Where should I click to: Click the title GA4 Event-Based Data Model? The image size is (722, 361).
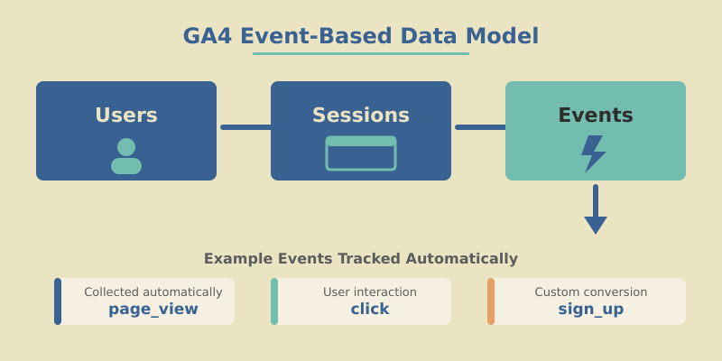click(361, 36)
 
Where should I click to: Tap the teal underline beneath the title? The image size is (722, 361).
click(361, 53)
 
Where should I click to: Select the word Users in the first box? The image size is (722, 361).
click(126, 116)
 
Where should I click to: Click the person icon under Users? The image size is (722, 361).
click(126, 156)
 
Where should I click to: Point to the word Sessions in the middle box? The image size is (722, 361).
click(361, 116)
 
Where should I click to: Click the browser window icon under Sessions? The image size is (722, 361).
click(361, 153)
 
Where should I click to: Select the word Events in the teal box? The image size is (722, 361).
click(596, 116)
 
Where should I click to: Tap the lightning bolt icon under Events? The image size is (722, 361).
click(593, 153)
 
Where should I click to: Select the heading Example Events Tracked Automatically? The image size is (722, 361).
click(361, 259)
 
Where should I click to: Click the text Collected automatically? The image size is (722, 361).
click(153, 292)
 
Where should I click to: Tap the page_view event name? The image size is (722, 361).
click(153, 310)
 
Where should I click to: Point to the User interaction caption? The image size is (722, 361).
click(370, 292)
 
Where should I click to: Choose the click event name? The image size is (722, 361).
click(370, 310)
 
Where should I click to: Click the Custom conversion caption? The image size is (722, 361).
click(591, 292)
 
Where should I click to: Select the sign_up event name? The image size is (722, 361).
click(591, 310)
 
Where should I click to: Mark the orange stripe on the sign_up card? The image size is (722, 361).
click(491, 301)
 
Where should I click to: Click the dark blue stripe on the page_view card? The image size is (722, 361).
click(58, 301)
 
